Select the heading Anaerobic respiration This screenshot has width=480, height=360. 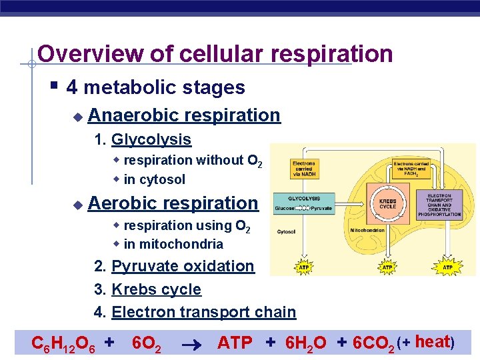(183, 115)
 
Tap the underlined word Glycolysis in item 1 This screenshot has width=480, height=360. (151, 140)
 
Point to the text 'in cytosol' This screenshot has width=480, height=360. (154, 179)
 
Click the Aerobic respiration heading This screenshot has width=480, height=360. (173, 203)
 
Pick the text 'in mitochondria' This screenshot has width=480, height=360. (173, 244)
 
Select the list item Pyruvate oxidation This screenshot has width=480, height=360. (183, 266)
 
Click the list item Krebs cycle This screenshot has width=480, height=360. (156, 289)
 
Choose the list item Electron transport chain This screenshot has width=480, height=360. (203, 312)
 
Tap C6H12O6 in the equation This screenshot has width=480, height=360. (64, 343)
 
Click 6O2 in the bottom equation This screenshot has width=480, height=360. (147, 343)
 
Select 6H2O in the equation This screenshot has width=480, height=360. (305, 343)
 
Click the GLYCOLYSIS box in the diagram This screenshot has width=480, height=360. (304, 203)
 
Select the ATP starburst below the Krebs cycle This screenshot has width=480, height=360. (387, 267)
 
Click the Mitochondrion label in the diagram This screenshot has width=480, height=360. (366, 230)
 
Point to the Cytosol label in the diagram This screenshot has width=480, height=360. (287, 232)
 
